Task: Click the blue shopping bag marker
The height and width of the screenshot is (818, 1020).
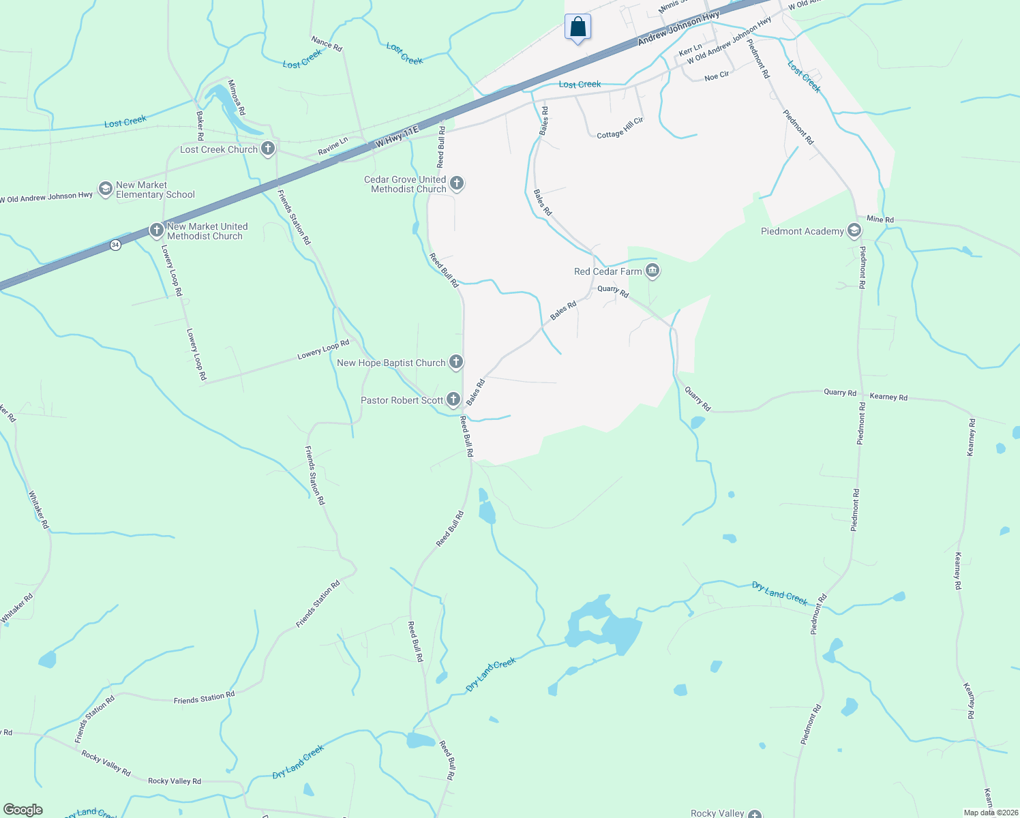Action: click(x=577, y=28)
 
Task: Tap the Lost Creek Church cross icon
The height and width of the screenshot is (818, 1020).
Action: click(x=268, y=149)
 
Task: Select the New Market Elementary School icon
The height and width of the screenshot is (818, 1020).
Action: click(x=105, y=189)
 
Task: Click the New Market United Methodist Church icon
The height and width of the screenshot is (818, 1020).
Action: click(x=157, y=231)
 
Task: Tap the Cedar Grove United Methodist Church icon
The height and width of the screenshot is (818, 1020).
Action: click(x=457, y=183)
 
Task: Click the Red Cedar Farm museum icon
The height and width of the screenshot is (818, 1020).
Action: click(x=652, y=271)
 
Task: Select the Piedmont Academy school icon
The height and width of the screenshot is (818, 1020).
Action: click(x=854, y=231)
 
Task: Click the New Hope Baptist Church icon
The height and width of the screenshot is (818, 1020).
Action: click(x=456, y=363)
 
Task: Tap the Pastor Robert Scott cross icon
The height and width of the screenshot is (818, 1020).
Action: click(x=453, y=399)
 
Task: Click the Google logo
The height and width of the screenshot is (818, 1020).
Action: click(x=23, y=810)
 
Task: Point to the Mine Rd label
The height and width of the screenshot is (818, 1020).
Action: click(x=880, y=219)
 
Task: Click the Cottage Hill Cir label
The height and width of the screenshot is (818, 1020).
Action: click(x=620, y=128)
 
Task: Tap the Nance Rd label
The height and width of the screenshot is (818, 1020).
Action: click(x=327, y=44)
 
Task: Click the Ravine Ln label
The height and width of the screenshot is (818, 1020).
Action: click(x=333, y=146)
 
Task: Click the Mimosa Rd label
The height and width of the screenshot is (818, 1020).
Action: click(x=237, y=97)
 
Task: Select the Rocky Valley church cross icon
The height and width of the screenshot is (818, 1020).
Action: click(x=755, y=814)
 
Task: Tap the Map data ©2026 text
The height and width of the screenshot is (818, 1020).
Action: click(x=991, y=813)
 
